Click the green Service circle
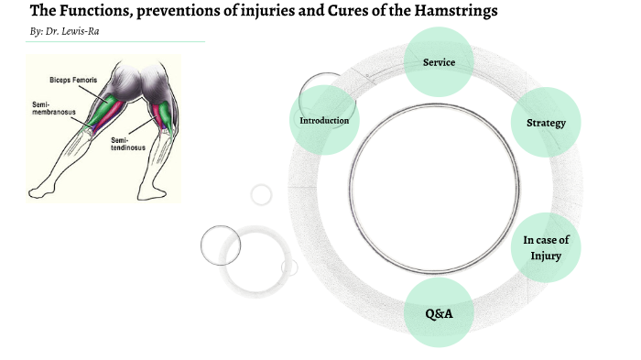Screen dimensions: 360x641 pos(439,62)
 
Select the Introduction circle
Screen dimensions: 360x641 pos(324,120)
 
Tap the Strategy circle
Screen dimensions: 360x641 pos(546,123)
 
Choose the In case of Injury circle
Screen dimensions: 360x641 pos(546,247)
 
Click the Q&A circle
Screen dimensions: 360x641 pos(439,313)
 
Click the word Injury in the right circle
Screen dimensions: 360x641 pos(546,256)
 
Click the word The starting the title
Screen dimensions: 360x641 pos(45,11)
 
